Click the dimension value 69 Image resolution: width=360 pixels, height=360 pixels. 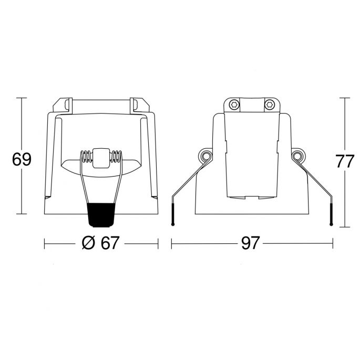pos(22,159)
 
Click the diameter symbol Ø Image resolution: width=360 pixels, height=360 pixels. pos(89,243)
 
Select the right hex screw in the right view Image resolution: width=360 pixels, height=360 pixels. pos(270,105)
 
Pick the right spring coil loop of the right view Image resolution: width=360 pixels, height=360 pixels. pos(299,156)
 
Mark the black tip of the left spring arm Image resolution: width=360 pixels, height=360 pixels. pos(173,216)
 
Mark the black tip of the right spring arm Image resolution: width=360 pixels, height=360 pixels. pos(331,216)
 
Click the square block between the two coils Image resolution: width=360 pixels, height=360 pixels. pos(100,157)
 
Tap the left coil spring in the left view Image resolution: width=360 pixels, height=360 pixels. pos(86,157)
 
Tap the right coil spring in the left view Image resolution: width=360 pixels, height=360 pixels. pos(116,157)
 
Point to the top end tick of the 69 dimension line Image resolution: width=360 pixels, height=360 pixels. pos(22,98)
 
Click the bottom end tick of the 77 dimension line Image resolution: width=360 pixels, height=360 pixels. pos(345,227)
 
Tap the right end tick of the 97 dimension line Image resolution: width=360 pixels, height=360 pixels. pos(333,243)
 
